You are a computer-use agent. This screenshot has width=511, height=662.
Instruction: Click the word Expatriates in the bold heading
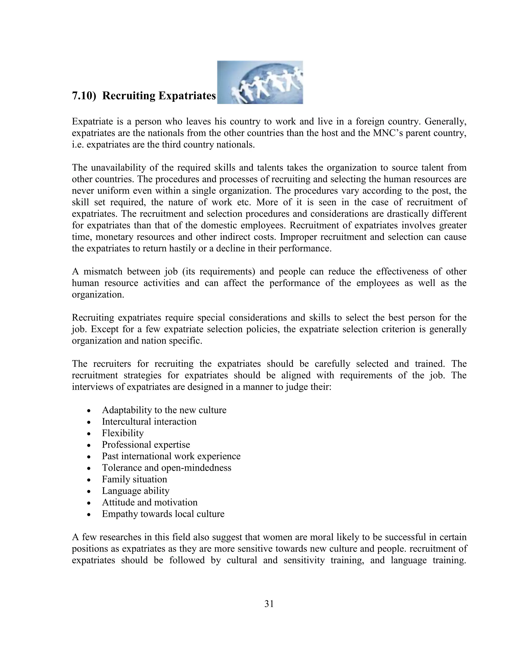click(187, 96)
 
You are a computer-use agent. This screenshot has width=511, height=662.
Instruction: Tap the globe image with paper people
click(260, 82)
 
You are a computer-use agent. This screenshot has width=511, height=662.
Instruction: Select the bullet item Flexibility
click(123, 433)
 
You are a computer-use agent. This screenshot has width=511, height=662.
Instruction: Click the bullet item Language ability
click(136, 491)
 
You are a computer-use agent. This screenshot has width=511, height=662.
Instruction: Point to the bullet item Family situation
click(134, 479)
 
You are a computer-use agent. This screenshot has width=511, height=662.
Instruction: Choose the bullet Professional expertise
click(146, 445)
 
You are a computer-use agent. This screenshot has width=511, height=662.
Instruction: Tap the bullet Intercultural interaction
click(149, 422)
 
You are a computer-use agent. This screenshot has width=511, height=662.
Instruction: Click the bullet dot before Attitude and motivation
click(89, 503)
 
